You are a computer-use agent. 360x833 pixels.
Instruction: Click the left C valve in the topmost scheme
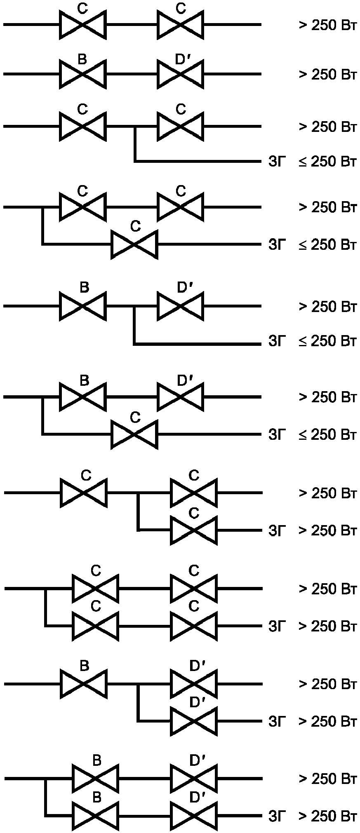coord(83,25)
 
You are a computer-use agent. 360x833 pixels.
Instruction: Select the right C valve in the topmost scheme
coord(181,25)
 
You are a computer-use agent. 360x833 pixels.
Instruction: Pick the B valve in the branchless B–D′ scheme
coord(83,74)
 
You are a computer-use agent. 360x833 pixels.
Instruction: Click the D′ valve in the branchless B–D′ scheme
coord(181,74)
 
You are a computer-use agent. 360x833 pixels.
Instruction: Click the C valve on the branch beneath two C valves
coord(134,244)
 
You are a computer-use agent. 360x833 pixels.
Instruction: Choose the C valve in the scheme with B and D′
coord(134,434)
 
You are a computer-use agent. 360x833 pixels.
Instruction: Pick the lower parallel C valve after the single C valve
coord(193,530)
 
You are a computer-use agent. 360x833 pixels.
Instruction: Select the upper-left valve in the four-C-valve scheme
coord(95,589)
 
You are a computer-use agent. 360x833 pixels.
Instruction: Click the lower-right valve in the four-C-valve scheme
coord(193,626)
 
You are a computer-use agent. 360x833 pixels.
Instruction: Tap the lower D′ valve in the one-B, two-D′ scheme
coord(193,721)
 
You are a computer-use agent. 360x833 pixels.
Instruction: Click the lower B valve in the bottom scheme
coord(95,816)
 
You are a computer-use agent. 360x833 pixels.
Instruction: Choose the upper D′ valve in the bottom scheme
coord(193,779)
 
